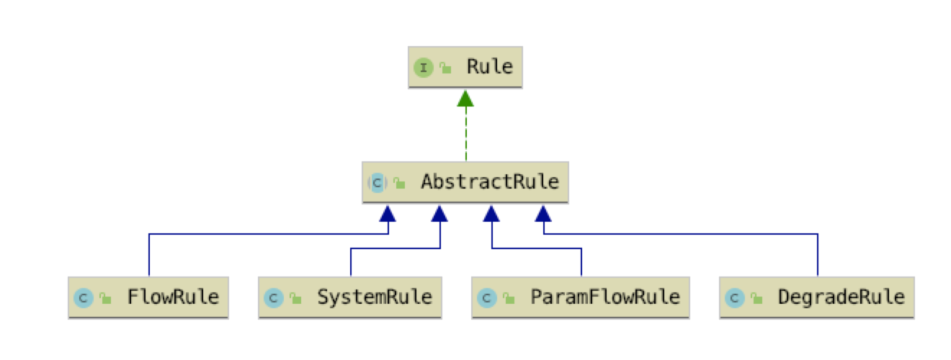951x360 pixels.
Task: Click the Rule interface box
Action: click(465, 68)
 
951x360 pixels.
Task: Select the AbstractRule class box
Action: click(465, 182)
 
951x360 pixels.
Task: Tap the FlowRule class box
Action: click(148, 297)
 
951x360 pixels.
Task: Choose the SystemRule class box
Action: click(350, 297)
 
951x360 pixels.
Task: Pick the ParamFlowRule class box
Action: click(581, 297)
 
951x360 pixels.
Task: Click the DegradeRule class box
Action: click(817, 297)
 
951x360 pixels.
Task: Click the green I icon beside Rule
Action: click(424, 68)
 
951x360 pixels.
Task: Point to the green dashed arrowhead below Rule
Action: click(465, 99)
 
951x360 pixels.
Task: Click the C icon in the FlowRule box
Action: click(83, 297)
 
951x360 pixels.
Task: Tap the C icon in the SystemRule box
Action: click(273, 297)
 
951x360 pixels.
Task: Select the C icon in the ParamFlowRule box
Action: click(486, 297)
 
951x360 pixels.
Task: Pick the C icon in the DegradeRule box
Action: click(734, 297)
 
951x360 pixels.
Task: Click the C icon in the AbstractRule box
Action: click(378, 183)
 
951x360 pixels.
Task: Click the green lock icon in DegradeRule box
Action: click(755, 297)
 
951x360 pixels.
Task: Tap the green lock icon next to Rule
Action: click(445, 68)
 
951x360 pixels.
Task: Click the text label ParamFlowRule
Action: click(604, 297)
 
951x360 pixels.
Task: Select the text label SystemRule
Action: click(375, 297)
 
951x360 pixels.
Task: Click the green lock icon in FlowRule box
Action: click(104, 297)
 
